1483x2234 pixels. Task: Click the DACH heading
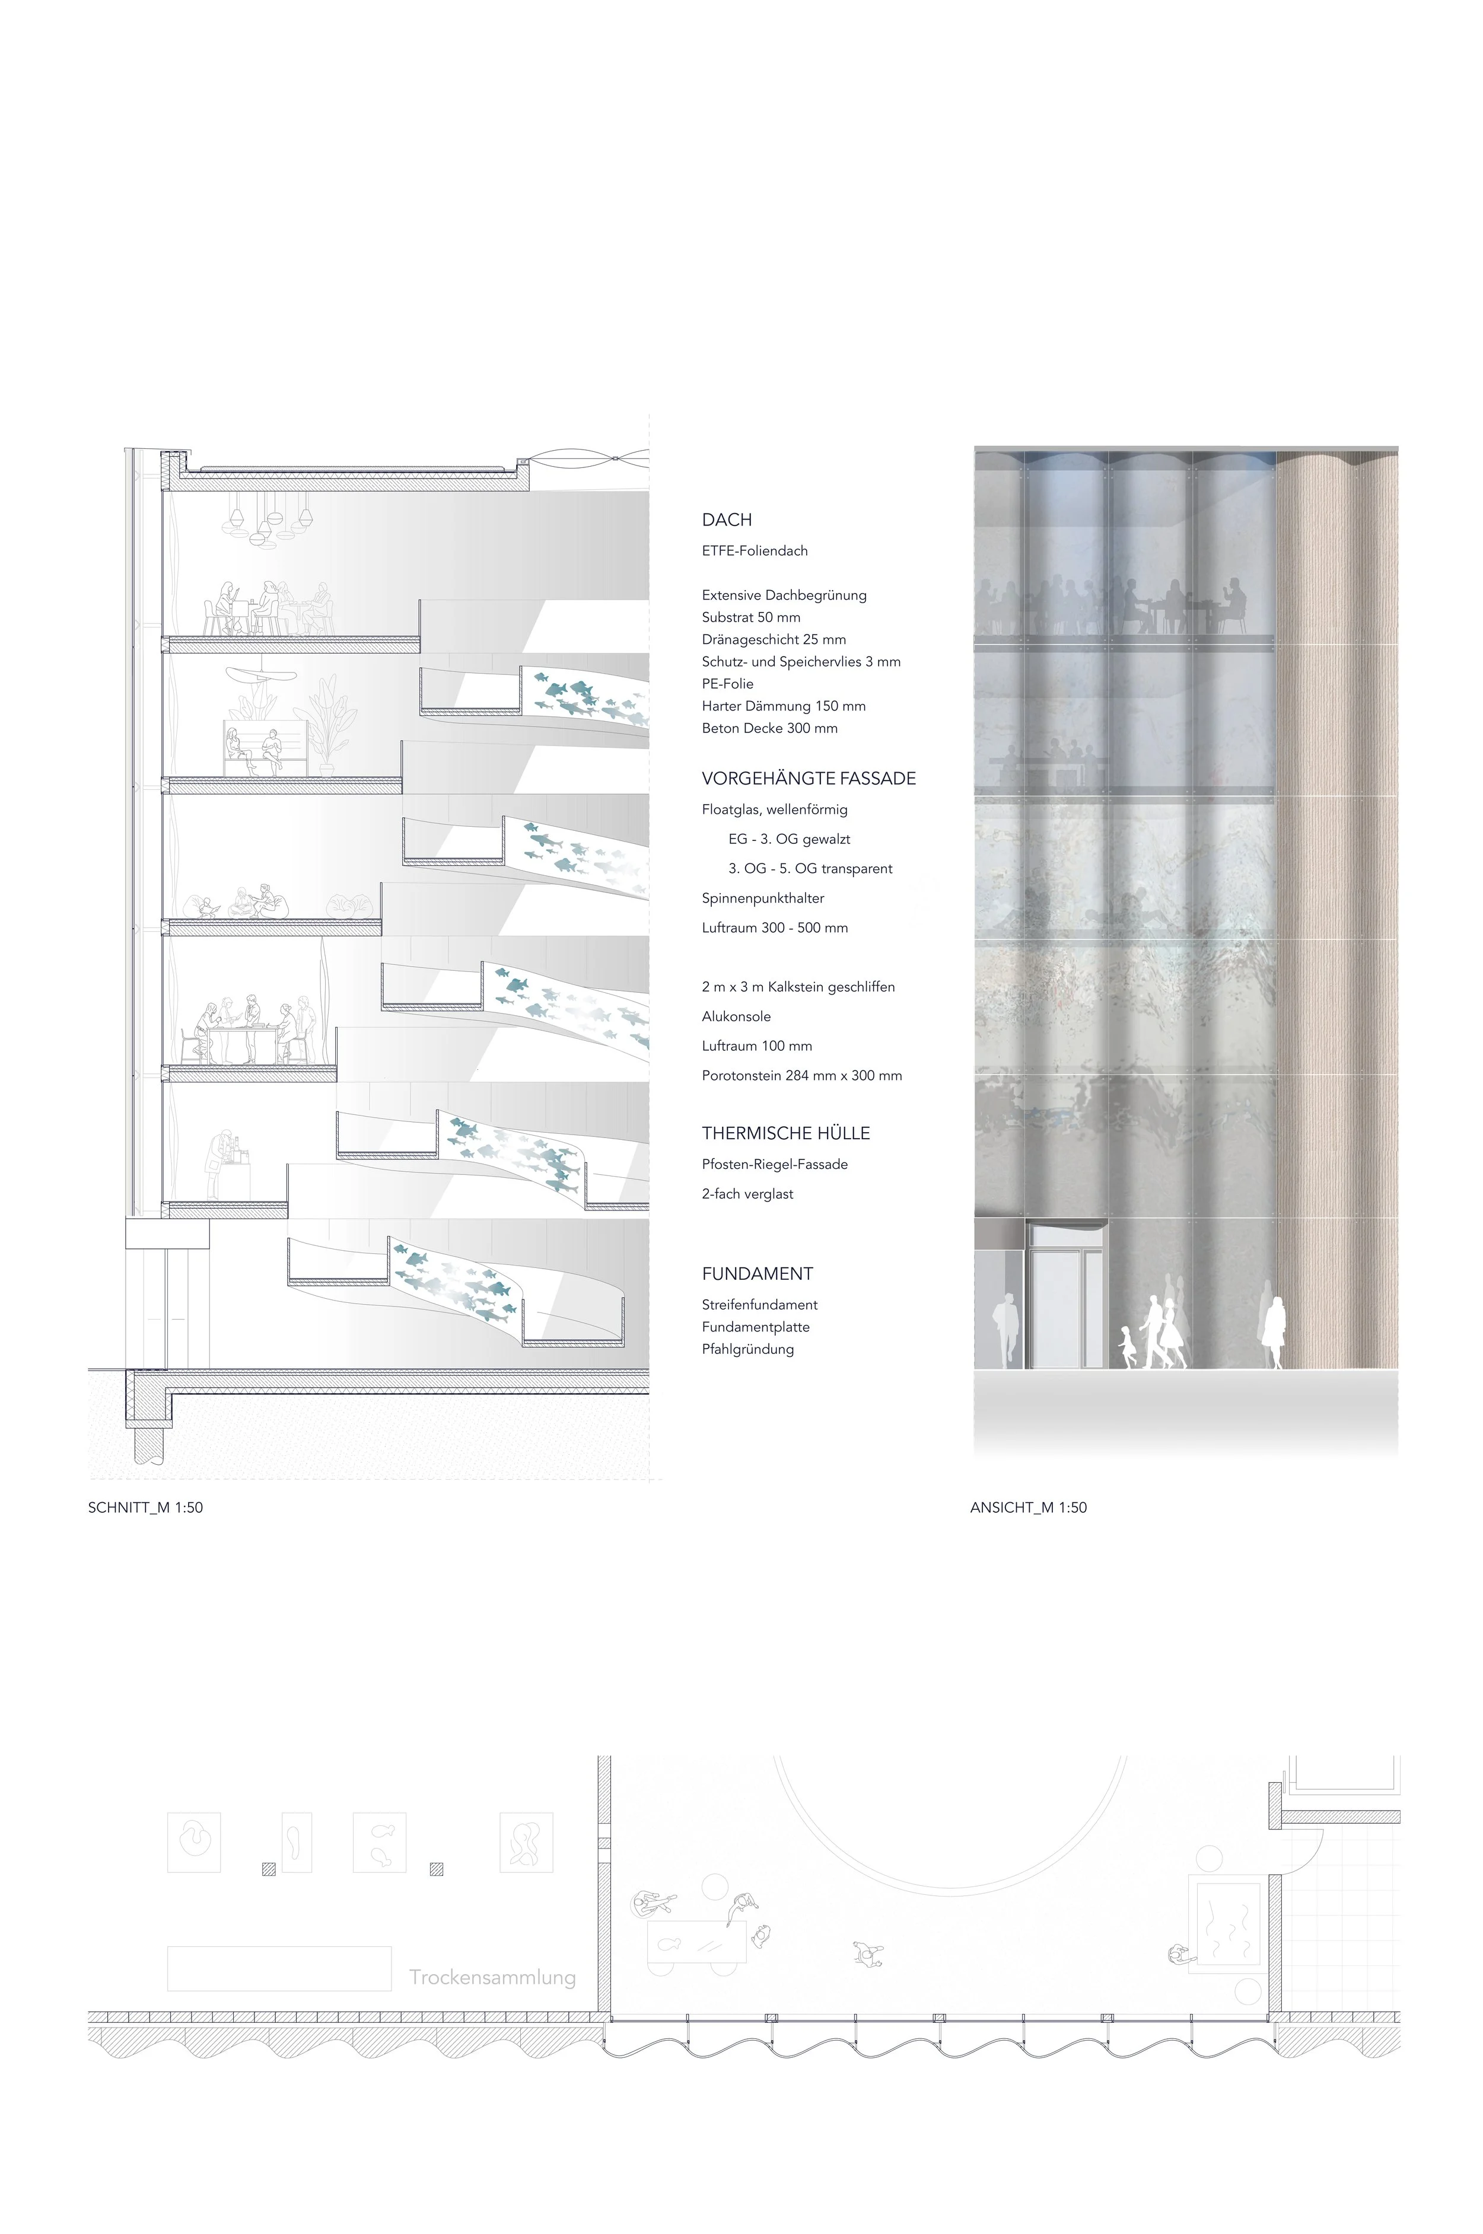(726, 520)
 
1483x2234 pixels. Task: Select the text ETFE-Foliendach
(755, 551)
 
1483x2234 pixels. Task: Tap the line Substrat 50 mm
(751, 617)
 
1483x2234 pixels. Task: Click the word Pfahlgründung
(748, 1349)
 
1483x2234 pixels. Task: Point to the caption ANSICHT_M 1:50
(1028, 1508)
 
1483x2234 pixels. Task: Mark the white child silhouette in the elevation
(1126, 1346)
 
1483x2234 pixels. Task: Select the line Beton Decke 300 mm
(770, 728)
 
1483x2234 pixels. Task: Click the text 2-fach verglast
(747, 1194)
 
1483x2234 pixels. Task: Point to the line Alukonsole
(736, 1016)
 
